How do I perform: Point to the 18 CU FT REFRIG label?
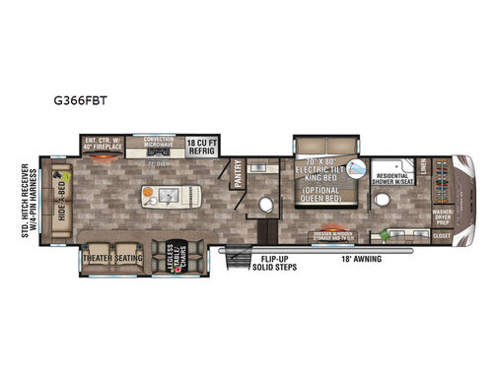click(x=204, y=146)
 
